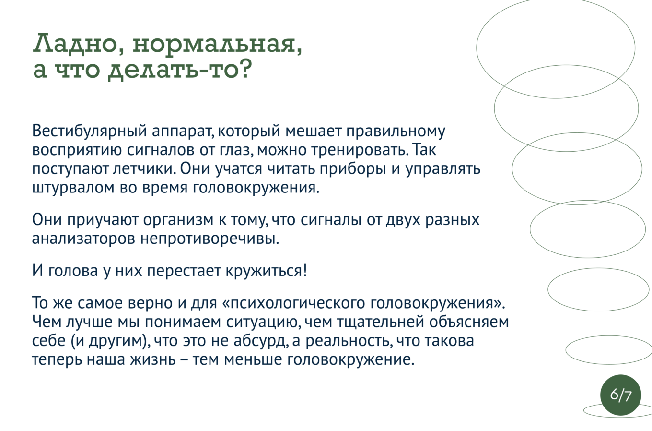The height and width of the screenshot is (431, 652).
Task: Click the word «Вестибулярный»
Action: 89,131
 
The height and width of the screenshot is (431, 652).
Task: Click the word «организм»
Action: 178,220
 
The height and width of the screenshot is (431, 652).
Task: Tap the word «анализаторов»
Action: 83,239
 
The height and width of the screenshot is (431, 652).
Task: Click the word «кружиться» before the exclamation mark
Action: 264,271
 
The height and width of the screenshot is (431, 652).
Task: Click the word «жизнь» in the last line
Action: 153,359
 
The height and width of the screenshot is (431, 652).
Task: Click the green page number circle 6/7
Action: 620,395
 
